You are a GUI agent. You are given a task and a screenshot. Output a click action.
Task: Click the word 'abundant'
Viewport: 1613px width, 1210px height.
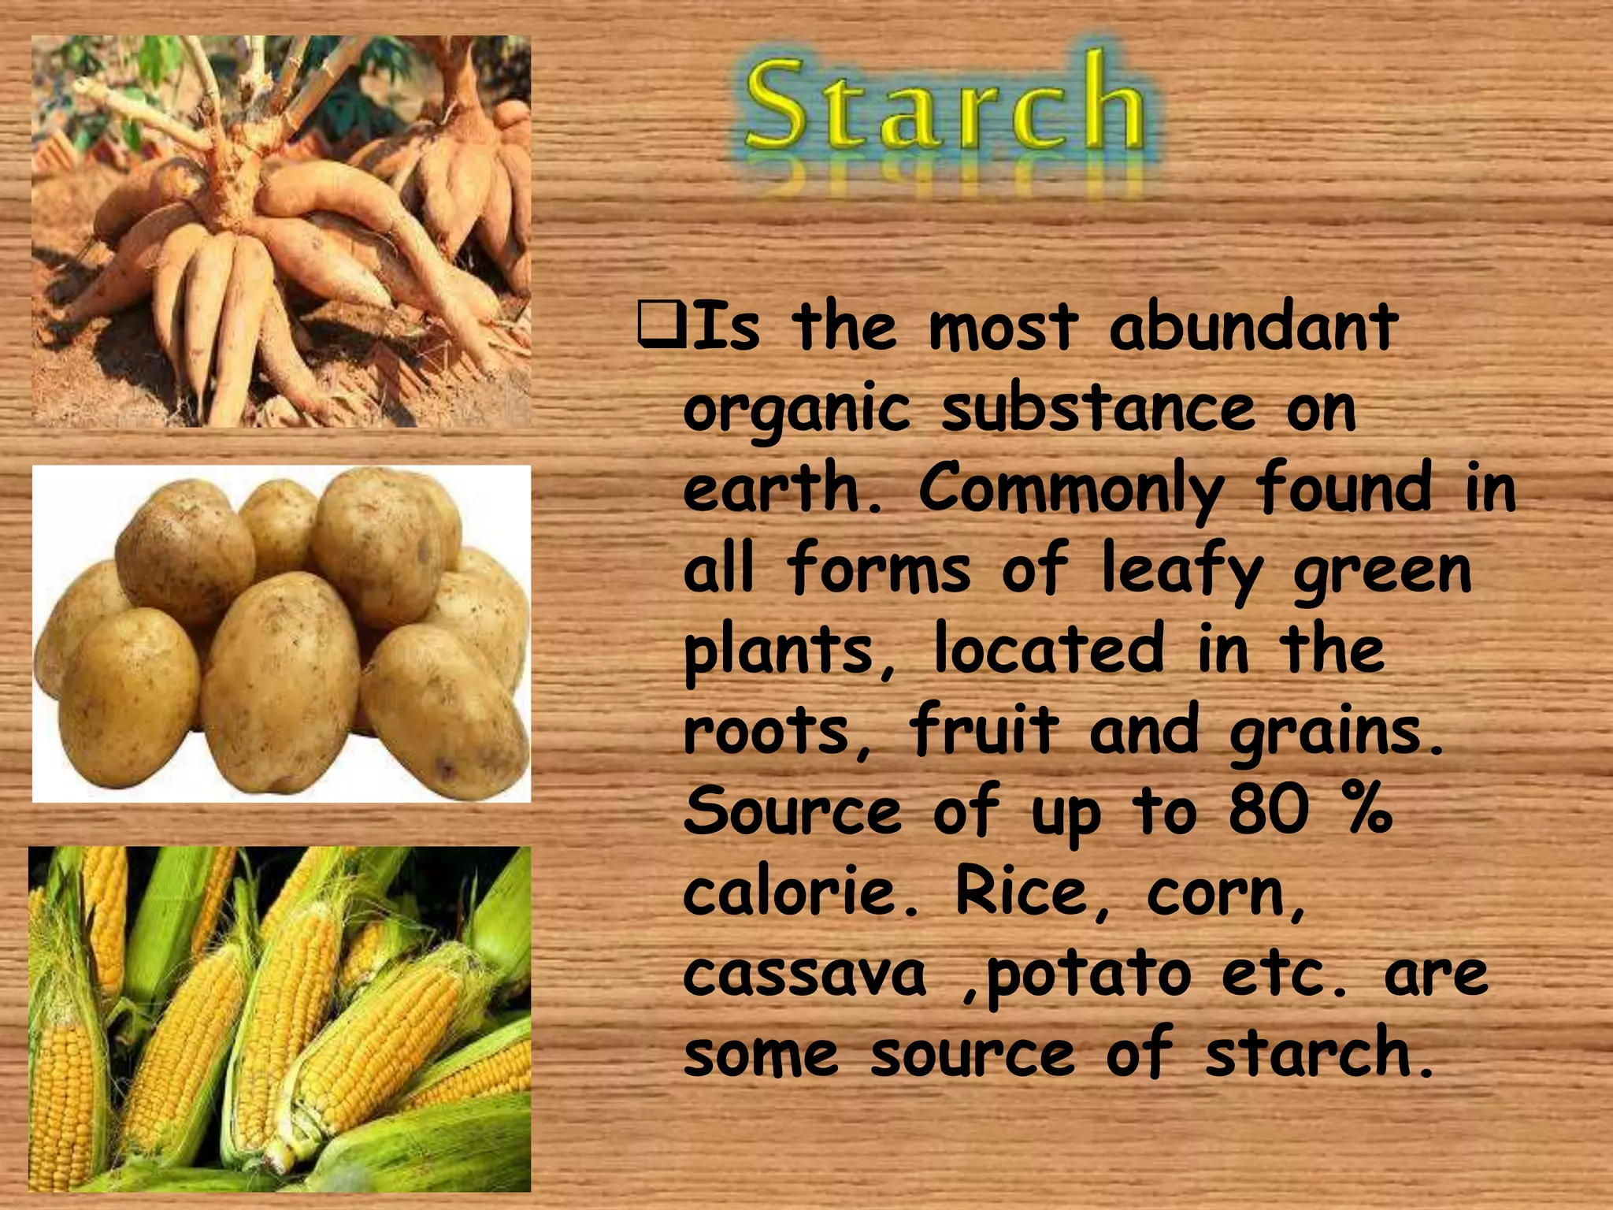(1253, 327)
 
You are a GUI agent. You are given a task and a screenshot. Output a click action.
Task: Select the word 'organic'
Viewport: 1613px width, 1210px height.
(796, 410)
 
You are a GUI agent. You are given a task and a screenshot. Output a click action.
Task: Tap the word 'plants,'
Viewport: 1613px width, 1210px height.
(790, 651)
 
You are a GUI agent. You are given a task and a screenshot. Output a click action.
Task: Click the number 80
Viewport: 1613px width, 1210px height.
(1269, 811)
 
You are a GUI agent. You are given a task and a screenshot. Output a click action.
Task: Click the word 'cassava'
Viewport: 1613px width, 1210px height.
(804, 974)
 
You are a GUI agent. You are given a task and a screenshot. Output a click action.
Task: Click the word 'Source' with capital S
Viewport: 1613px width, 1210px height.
(792, 811)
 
